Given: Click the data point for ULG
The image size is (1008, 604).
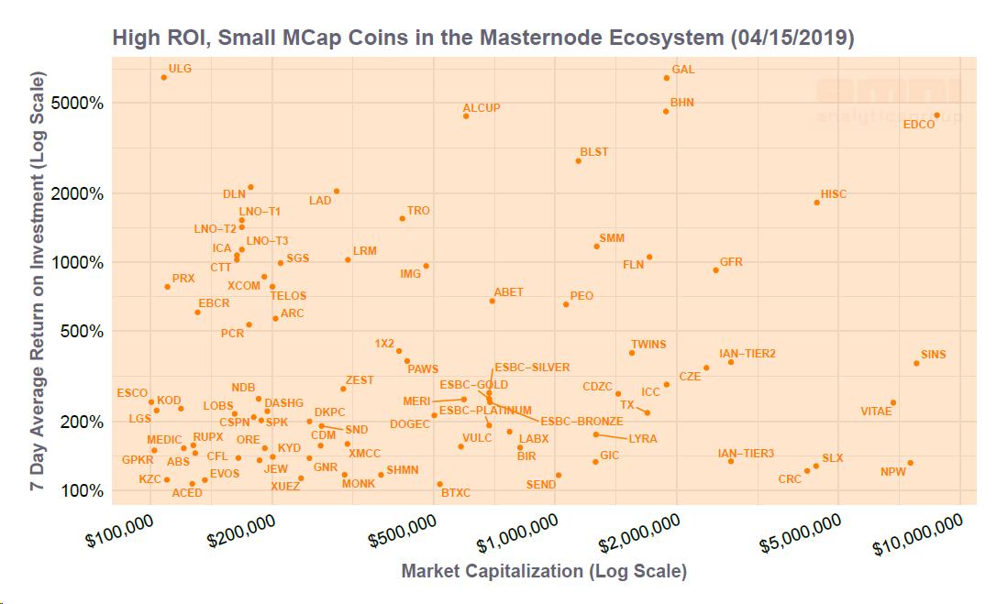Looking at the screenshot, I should [x=164, y=77].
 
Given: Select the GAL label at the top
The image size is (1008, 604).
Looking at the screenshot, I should [x=683, y=70].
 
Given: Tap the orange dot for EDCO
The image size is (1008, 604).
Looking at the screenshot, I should [x=936, y=115].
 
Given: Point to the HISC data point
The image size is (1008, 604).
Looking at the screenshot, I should [x=816, y=202].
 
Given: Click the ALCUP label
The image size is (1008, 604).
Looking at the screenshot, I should [x=482, y=108].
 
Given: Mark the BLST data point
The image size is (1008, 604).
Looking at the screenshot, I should [x=578, y=161].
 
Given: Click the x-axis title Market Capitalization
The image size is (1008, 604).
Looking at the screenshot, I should [x=543, y=571].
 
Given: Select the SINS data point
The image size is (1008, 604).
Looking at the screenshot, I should [x=916, y=363].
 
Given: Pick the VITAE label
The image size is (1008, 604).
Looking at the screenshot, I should [x=876, y=412].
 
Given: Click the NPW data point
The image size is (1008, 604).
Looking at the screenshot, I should [x=910, y=463].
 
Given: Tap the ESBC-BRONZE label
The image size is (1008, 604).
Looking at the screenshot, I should [x=582, y=422].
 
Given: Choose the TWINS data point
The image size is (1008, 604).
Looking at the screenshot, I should [x=632, y=353].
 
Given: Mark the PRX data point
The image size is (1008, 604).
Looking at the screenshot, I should [x=167, y=287].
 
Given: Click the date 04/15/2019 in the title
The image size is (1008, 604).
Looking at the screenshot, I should [x=793, y=38].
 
